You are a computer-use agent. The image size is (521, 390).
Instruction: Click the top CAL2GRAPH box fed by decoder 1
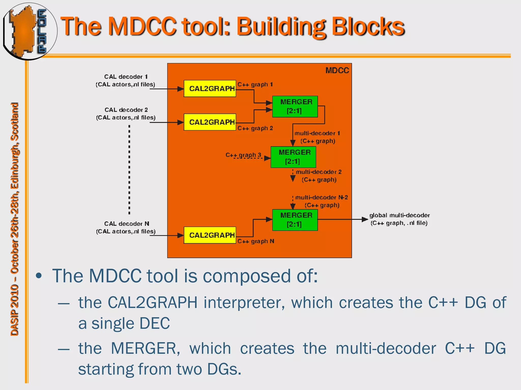click(210, 89)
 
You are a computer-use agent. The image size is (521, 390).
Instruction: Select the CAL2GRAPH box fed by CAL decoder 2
click(210, 122)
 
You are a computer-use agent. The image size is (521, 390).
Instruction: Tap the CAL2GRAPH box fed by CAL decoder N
click(210, 235)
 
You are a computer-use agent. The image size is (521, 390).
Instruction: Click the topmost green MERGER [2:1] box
click(295, 106)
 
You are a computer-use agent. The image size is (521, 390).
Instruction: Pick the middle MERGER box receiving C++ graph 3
click(293, 157)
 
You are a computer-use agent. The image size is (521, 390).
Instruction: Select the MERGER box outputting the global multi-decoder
click(295, 220)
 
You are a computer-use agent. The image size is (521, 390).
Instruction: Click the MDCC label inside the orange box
click(337, 71)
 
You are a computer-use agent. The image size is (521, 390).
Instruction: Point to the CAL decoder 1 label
click(126, 77)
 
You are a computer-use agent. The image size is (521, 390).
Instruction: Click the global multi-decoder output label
click(399, 219)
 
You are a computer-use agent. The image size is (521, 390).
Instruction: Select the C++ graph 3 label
click(243, 155)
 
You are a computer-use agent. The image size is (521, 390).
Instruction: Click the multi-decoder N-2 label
click(321, 198)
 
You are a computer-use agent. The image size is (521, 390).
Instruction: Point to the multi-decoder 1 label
click(317, 133)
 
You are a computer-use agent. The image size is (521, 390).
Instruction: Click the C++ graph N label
click(256, 241)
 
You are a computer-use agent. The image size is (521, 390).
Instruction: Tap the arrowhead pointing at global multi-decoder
click(365, 219)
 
